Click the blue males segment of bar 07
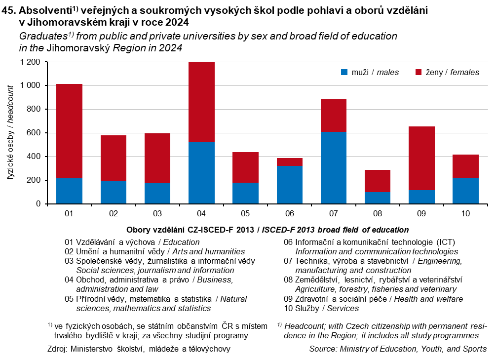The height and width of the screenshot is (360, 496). point(333,167)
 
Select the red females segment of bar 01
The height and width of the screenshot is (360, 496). point(69,131)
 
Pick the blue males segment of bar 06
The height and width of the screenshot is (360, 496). point(289,185)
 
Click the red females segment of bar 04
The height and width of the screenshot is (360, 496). point(201,102)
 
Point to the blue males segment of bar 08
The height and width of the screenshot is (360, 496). point(378,198)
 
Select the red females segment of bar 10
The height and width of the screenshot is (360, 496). point(465,166)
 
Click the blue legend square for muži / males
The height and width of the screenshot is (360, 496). point(344,73)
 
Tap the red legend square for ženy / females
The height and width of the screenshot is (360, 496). point(419,73)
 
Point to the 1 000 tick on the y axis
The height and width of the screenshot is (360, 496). point(30,85)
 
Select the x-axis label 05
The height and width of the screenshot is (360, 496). point(245,214)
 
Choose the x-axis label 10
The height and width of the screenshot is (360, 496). point(465,214)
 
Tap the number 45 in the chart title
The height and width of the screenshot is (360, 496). point(8,11)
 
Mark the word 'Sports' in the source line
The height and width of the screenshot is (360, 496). point(474,349)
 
